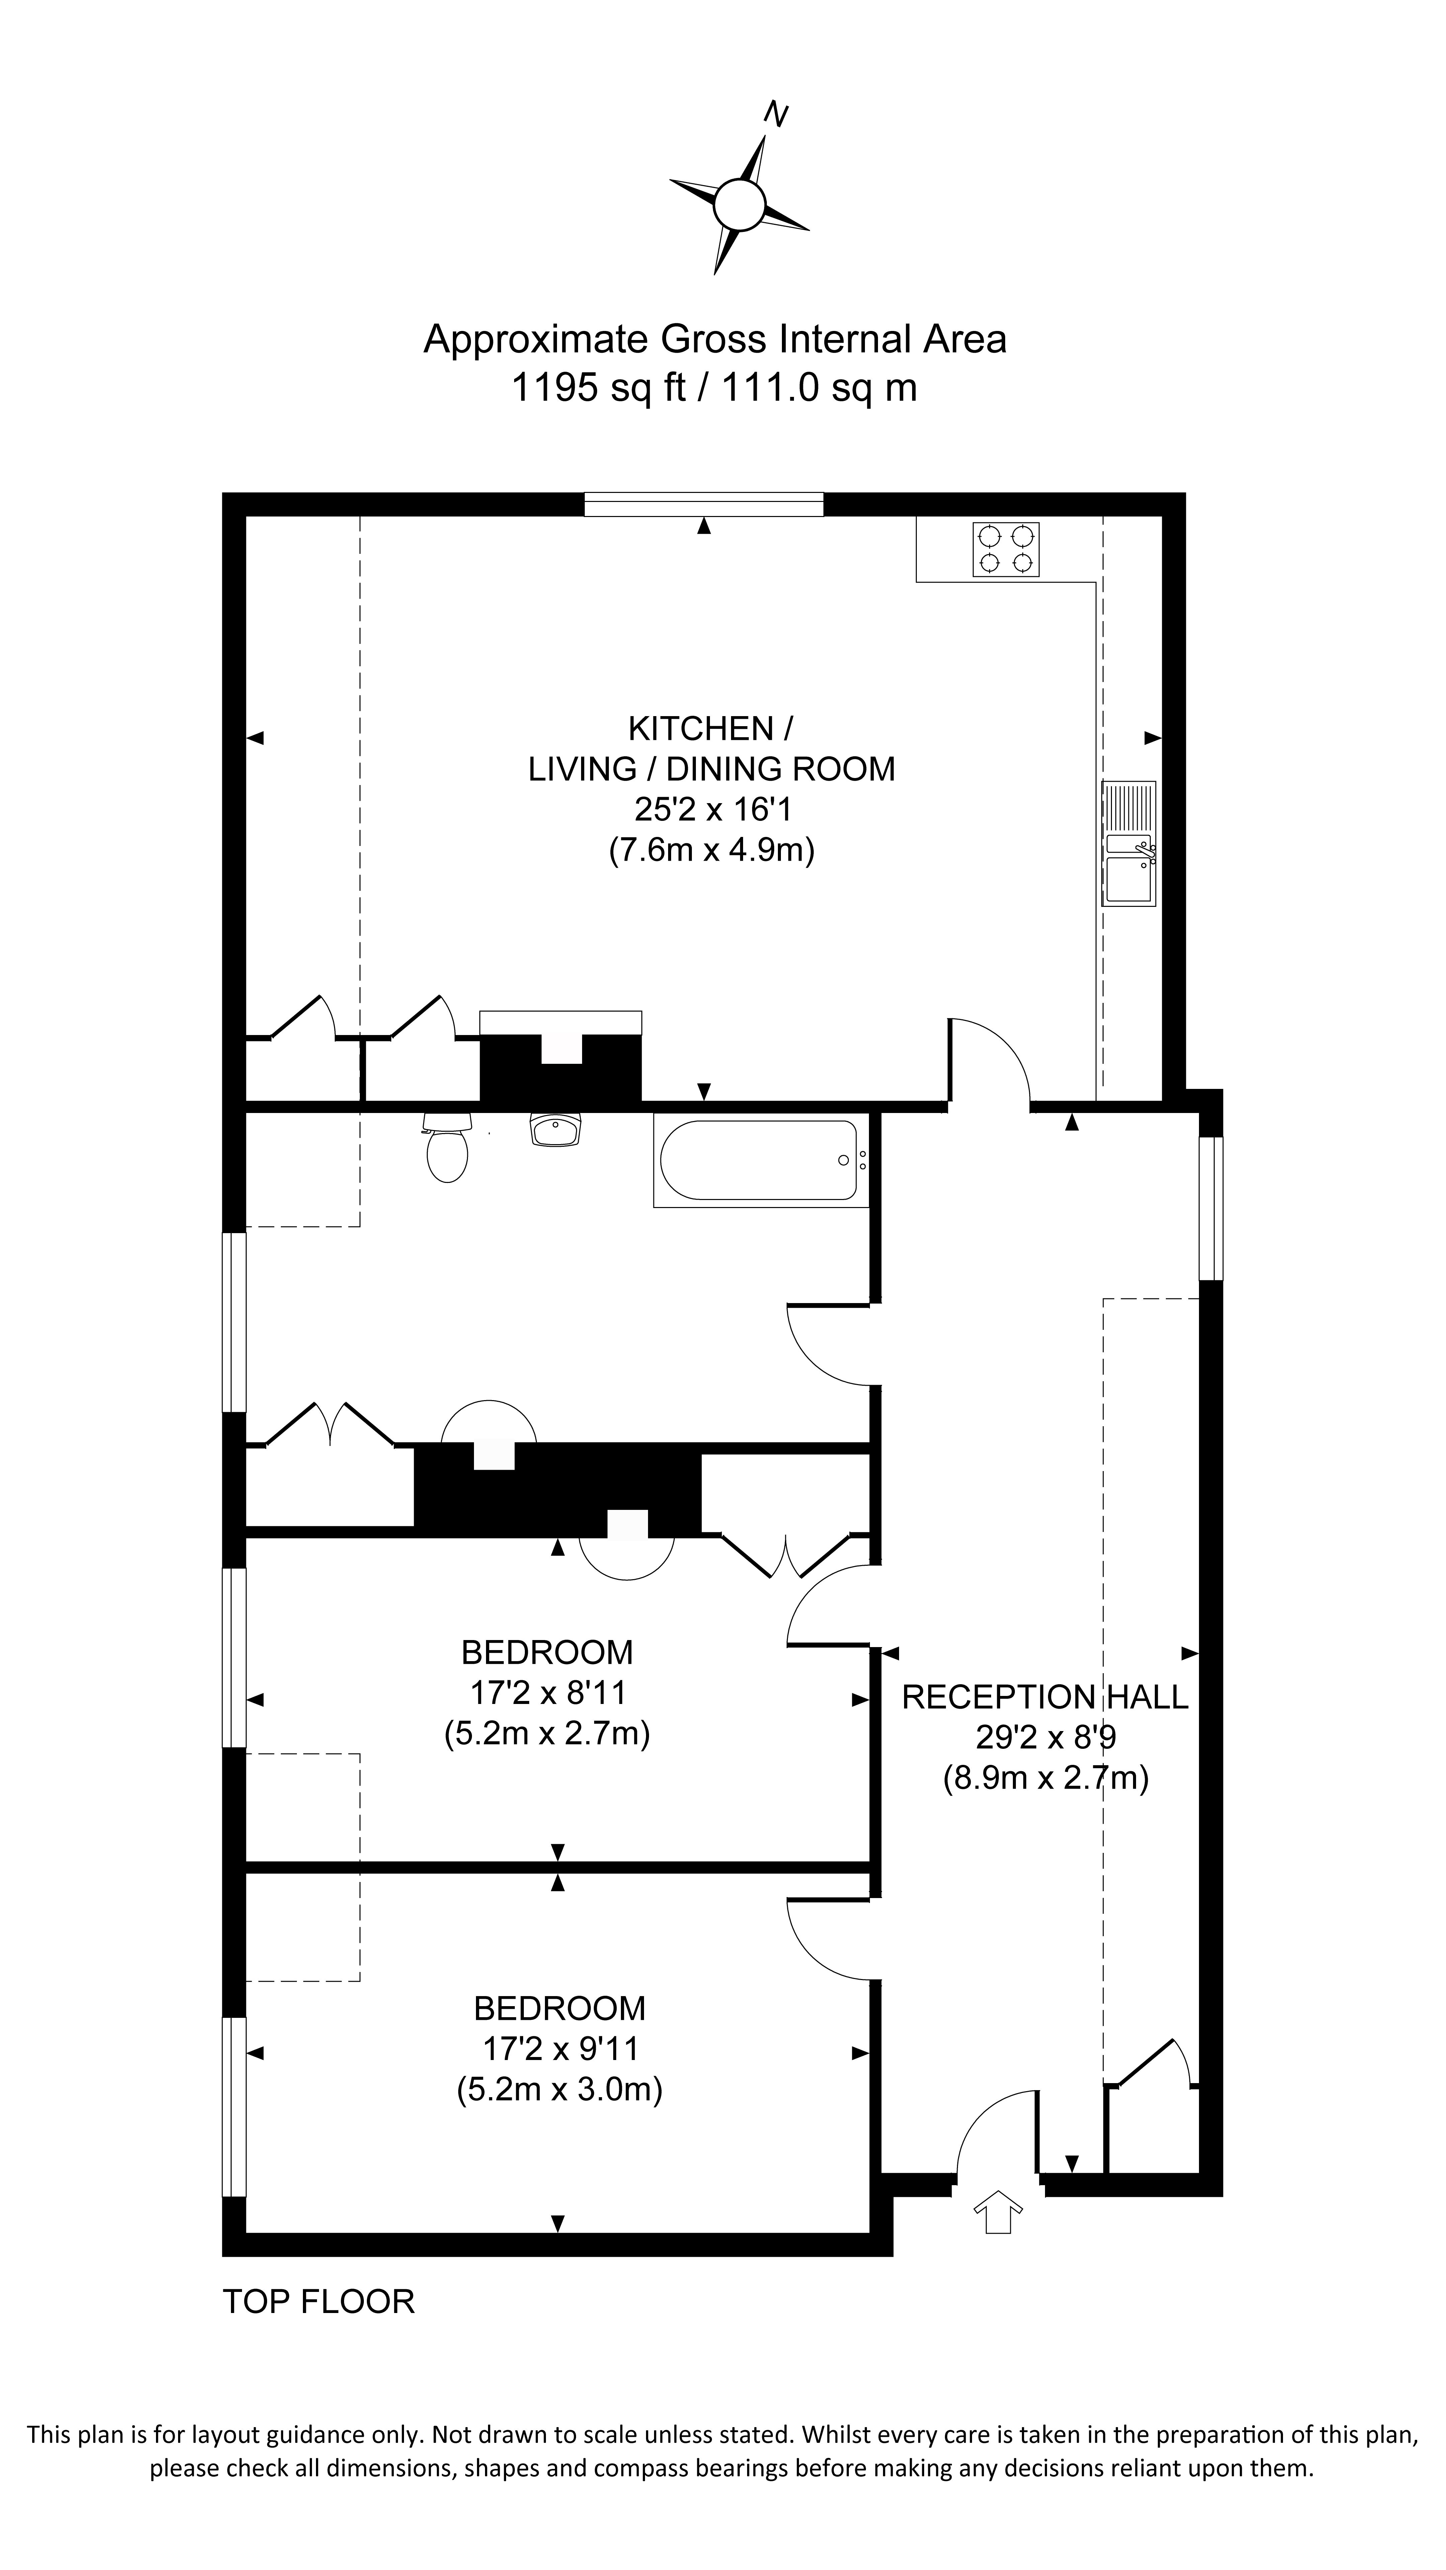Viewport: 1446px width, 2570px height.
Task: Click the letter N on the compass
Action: click(x=776, y=115)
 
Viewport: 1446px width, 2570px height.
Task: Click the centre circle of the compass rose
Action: click(x=738, y=204)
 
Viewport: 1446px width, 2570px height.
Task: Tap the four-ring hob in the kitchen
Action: click(x=1006, y=550)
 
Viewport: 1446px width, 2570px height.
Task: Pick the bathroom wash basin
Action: click(x=555, y=1130)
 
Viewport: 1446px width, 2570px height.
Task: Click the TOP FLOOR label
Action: click(x=318, y=2301)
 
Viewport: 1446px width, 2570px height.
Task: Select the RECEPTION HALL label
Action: click(x=1045, y=1696)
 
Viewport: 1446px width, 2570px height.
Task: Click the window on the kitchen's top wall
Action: click(x=704, y=505)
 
